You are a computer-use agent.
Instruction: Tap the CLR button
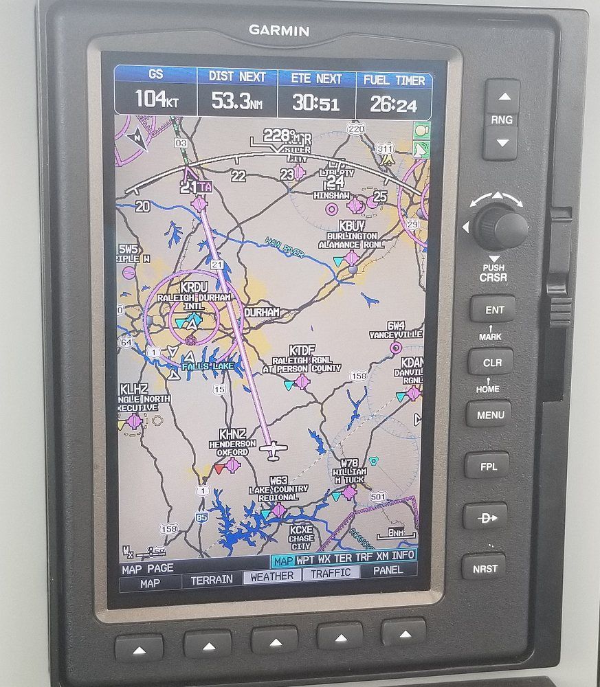tap(491, 362)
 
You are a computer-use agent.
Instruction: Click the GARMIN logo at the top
tap(278, 30)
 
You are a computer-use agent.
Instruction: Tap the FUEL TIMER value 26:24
tap(394, 104)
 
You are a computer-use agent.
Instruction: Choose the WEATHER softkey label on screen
tap(271, 576)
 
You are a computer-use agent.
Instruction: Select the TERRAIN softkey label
tap(211, 580)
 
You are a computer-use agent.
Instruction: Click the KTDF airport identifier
tap(302, 350)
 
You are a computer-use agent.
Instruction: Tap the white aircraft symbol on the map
tap(274, 451)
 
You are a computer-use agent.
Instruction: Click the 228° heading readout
tap(278, 135)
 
